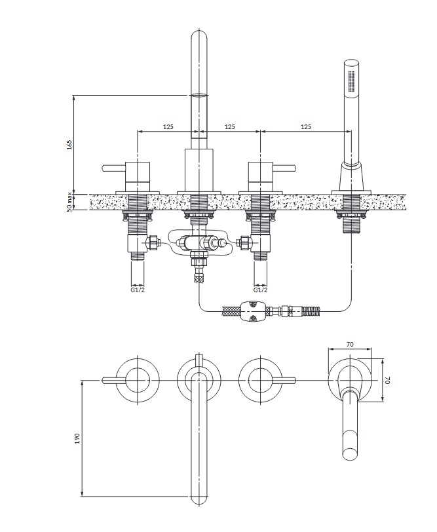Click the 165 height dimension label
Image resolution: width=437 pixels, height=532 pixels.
tap(69, 145)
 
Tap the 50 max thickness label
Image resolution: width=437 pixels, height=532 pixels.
tap(69, 202)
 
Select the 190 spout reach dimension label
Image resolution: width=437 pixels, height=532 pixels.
tap(77, 438)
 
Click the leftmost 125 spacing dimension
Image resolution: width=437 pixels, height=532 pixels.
tap(168, 126)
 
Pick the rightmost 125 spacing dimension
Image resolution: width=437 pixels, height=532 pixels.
tap(306, 126)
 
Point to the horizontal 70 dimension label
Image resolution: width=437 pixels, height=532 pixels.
tap(350, 344)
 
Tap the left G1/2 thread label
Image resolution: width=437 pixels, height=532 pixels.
tap(138, 290)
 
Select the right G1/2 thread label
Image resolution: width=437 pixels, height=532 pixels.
tap(260, 290)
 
